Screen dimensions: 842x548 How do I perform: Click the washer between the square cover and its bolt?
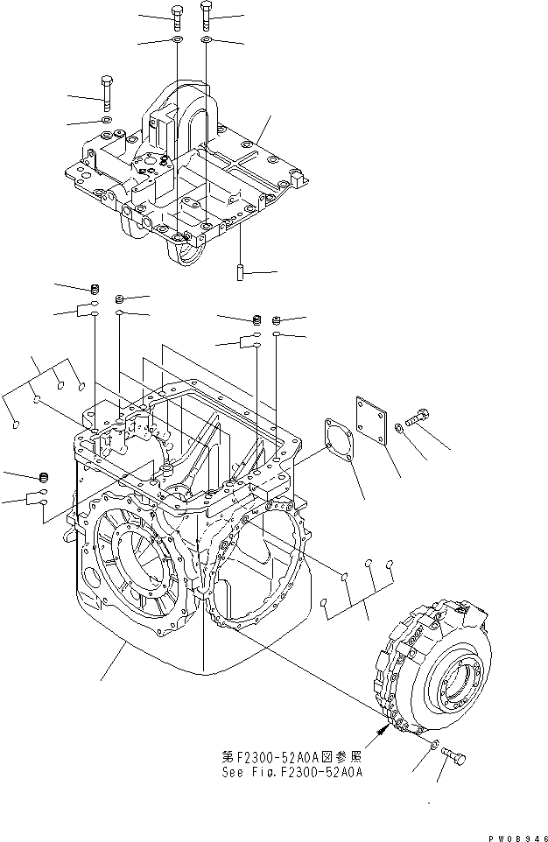coord(400,426)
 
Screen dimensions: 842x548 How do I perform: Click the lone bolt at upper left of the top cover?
coord(107,91)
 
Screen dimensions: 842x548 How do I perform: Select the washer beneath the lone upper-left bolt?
coord(106,120)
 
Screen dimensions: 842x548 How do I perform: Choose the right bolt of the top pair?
coord(206,13)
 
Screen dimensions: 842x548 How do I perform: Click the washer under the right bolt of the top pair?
coord(207,40)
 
